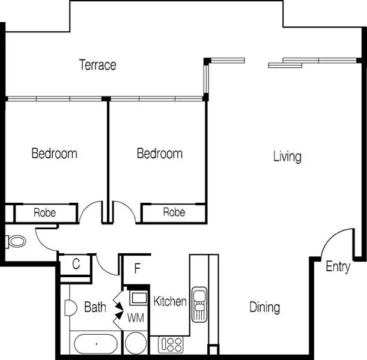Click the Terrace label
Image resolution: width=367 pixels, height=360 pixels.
(x=97, y=65)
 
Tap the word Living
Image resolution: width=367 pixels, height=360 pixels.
(x=287, y=157)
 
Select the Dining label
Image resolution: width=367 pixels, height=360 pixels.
(x=264, y=308)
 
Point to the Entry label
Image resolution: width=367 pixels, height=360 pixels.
(x=338, y=267)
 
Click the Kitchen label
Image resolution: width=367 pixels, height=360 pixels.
(x=170, y=301)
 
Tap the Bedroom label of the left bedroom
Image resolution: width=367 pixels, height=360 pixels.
(x=54, y=154)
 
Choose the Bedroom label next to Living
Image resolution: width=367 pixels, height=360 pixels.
(x=160, y=154)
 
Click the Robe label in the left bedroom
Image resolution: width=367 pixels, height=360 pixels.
(x=45, y=212)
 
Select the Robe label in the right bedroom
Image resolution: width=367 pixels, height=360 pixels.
(x=174, y=212)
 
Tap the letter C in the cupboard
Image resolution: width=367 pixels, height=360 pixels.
(x=76, y=263)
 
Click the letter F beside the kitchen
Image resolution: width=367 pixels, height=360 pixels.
(x=137, y=268)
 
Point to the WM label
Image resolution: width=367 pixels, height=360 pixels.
(x=134, y=316)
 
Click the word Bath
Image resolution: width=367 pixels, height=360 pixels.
(x=95, y=308)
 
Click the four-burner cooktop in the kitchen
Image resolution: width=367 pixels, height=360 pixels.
(x=171, y=344)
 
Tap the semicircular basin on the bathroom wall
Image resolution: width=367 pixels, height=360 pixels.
(x=68, y=308)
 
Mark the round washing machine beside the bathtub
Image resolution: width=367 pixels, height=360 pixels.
(x=136, y=344)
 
